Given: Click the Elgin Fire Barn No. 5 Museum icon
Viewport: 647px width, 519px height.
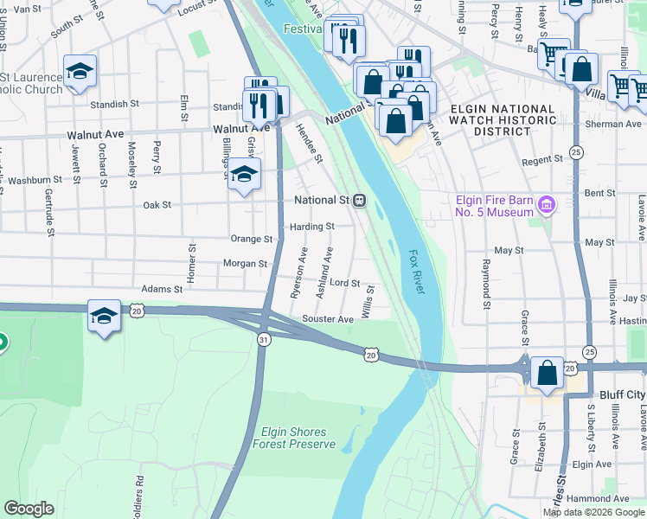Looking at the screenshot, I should [546, 205].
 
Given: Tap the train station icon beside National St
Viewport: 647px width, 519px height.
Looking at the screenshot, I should [359, 201].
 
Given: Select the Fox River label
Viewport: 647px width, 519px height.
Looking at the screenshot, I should [417, 272].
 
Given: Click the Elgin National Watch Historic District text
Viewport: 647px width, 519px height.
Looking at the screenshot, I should [490, 119].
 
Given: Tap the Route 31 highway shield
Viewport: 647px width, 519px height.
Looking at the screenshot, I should [263, 341].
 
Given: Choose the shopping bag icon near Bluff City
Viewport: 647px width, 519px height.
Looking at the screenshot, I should [548, 374].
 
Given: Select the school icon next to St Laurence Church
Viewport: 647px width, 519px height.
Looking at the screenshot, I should [80, 72].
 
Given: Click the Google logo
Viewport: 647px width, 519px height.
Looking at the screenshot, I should [29, 509].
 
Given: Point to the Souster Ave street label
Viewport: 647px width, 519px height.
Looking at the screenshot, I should [328, 319].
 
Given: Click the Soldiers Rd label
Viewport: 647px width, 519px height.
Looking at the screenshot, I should [138, 491].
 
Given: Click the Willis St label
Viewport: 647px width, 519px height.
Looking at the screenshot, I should [368, 301].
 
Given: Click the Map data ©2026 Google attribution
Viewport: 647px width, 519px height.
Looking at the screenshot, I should [593, 512].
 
